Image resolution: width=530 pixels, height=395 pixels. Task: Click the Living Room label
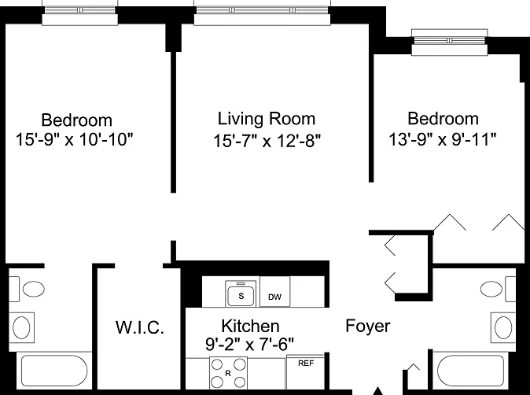(267, 119)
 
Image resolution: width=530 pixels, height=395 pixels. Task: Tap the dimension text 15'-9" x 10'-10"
(75, 139)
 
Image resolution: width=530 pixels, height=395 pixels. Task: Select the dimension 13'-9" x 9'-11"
(443, 139)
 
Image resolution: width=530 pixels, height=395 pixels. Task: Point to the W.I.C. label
(140, 327)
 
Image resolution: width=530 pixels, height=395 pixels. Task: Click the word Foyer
(368, 326)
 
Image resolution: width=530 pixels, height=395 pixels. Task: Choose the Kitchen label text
(251, 326)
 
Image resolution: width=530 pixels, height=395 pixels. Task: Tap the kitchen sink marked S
(241, 293)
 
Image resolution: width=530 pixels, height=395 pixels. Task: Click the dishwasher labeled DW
(274, 292)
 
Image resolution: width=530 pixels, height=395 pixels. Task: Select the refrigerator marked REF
(306, 371)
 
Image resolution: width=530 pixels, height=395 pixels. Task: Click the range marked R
(228, 373)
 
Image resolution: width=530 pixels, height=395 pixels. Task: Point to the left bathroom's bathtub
(54, 371)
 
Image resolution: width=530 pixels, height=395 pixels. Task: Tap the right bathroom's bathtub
(471, 371)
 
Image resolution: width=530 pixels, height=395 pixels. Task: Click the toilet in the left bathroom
(27, 289)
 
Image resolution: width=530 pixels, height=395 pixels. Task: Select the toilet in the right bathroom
(498, 289)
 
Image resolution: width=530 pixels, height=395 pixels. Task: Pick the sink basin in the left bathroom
(21, 327)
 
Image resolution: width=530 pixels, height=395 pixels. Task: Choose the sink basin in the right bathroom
(503, 327)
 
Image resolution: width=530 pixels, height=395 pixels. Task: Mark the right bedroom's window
(450, 42)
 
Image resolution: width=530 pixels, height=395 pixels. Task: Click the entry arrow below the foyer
(378, 390)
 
